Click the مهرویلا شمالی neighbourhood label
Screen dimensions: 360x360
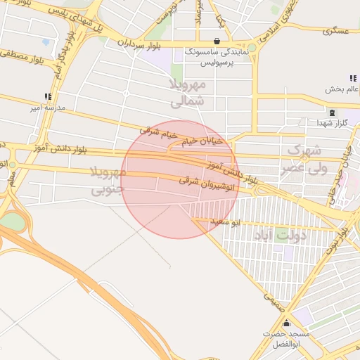point(188,93)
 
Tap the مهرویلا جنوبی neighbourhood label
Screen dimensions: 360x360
point(107,181)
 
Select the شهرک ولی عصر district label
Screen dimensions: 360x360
point(304,159)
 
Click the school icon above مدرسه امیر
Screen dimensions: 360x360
point(48,96)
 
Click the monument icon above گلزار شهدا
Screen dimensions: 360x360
point(331,112)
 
